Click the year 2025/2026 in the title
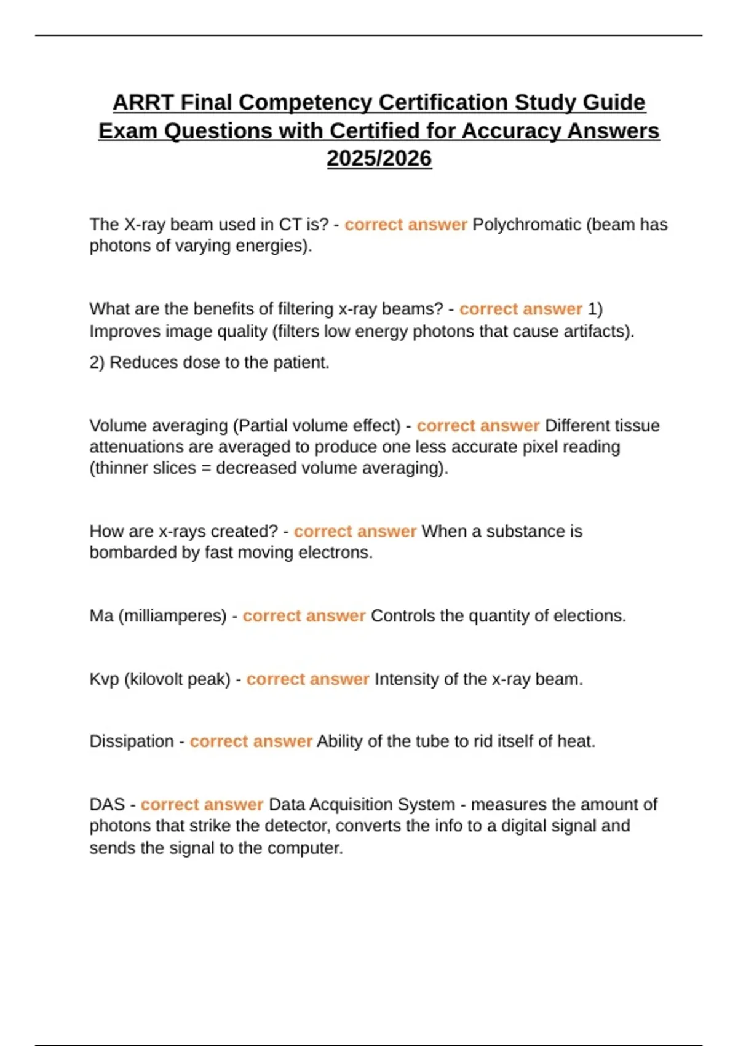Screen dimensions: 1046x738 (379, 158)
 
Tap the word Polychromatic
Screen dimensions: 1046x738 (526, 225)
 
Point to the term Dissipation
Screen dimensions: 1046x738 (132, 741)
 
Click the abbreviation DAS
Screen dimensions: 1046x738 (107, 805)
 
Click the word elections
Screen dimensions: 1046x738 (589, 616)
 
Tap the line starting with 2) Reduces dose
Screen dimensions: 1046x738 (209, 362)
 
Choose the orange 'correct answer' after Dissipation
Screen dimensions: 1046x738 (251, 741)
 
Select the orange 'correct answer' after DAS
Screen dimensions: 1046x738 (202, 805)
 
